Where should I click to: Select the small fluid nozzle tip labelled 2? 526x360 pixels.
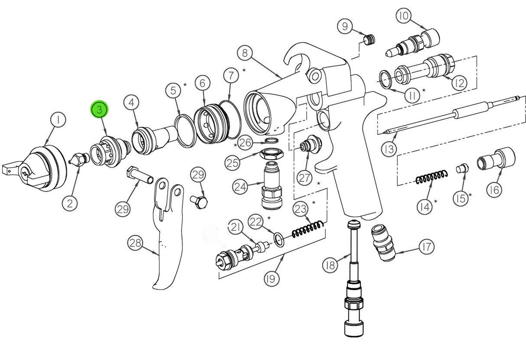click(78, 160)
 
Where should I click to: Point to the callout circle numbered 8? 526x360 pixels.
click(245, 53)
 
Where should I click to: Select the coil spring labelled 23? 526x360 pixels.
click(308, 229)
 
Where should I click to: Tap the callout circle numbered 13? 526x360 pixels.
click(389, 149)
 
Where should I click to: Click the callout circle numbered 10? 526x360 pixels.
click(404, 16)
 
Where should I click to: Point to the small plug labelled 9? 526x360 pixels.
click(369, 41)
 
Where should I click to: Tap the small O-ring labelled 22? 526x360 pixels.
click(279, 239)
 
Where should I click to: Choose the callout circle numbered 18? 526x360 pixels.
click(331, 264)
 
